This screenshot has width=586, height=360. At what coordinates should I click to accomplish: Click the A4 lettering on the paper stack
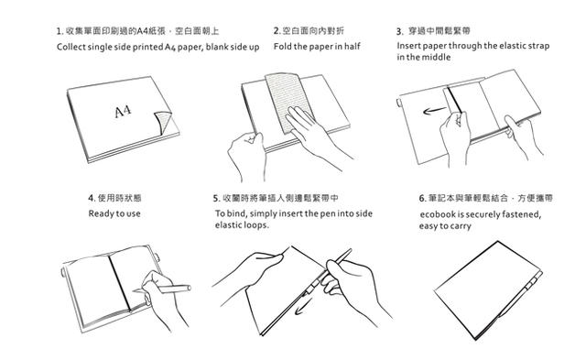[123, 112]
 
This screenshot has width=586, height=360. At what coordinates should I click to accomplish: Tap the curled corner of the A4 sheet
[163, 122]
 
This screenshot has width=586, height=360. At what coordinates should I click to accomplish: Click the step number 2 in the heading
[276, 31]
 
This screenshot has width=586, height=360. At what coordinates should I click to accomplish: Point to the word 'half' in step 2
[353, 47]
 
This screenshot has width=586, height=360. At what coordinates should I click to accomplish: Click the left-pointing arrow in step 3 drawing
[435, 111]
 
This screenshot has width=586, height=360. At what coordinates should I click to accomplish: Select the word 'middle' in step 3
[438, 57]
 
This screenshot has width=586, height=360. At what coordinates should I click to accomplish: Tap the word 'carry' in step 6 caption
[461, 226]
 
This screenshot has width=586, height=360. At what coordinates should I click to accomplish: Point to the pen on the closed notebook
[520, 295]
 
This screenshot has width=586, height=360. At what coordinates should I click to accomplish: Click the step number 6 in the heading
[422, 198]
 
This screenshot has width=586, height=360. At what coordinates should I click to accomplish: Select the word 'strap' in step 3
[539, 47]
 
